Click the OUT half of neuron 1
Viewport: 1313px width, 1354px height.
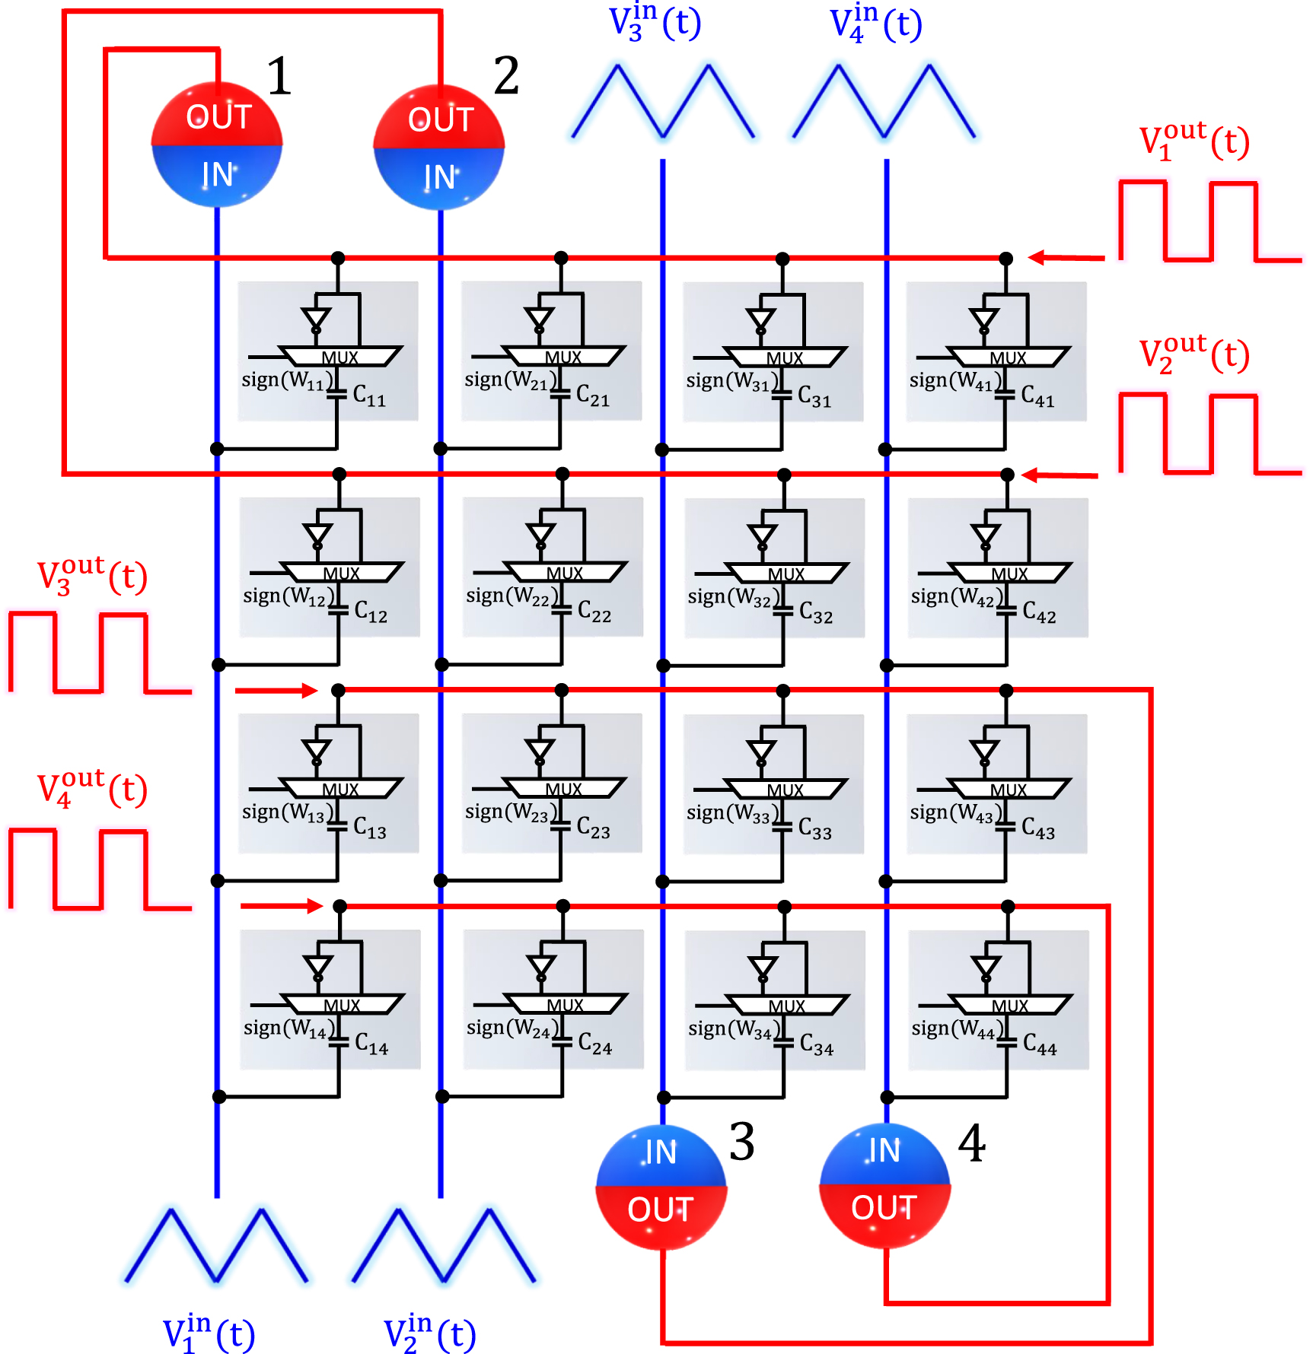pyautogui.click(x=218, y=116)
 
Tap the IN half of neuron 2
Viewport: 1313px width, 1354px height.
pyautogui.click(x=439, y=177)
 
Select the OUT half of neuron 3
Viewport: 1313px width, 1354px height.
pyautogui.click(x=660, y=1209)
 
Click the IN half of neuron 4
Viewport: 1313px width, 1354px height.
pyautogui.click(x=884, y=1150)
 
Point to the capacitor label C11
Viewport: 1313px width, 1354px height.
pyautogui.click(x=369, y=396)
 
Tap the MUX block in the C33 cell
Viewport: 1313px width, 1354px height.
pyautogui.click(x=785, y=790)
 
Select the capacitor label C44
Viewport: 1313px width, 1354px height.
pyautogui.click(x=1039, y=1044)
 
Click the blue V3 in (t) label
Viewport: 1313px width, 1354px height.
pyautogui.click(x=655, y=23)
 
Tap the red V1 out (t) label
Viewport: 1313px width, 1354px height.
pyautogui.click(x=1193, y=141)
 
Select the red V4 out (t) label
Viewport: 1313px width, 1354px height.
pyautogui.click(x=91, y=790)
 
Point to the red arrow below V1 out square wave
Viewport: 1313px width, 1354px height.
pyautogui.click(x=1066, y=258)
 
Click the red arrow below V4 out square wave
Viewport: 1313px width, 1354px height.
pyautogui.click(x=282, y=905)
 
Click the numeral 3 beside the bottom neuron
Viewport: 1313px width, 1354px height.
pyautogui.click(x=741, y=1142)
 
